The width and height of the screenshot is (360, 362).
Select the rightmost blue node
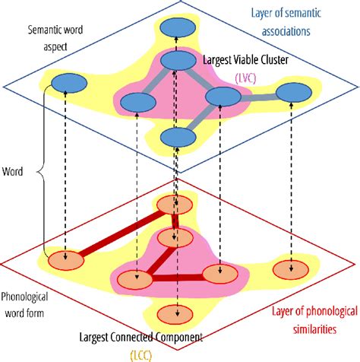[x=293, y=92]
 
